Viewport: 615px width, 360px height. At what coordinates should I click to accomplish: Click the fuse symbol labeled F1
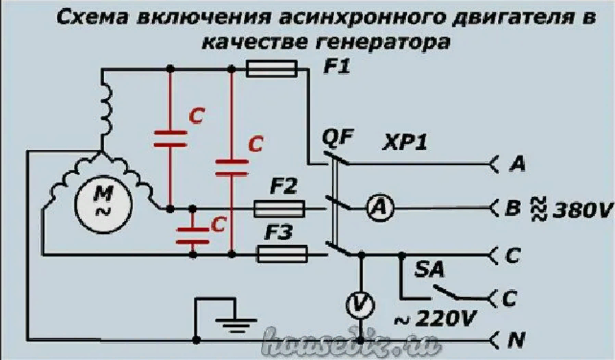[x=271, y=68]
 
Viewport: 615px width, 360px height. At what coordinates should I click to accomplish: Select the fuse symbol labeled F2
[x=279, y=207]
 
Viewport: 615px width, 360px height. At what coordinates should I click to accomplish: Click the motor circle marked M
[x=104, y=203]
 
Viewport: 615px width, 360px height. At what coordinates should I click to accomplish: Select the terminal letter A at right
[x=518, y=164]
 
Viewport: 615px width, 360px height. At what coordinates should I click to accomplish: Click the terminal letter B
[x=512, y=207]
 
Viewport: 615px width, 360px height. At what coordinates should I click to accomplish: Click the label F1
[x=336, y=68]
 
